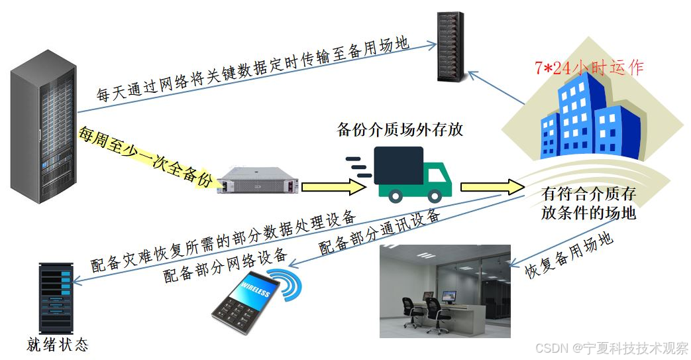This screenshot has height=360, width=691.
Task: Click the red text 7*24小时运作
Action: tap(589, 68)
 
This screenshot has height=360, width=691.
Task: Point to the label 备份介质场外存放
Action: tap(399, 129)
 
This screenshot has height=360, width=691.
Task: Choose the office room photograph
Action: tap(445, 291)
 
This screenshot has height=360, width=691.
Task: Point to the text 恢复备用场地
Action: tap(568, 255)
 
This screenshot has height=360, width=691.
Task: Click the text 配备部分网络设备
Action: tap(225, 265)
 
